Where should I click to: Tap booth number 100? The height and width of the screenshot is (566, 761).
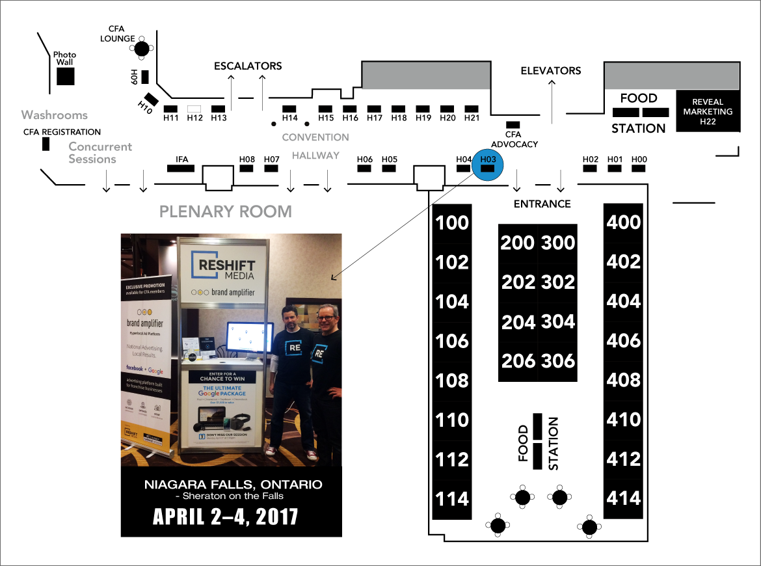click(x=452, y=222)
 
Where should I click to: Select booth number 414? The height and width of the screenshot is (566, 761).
click(x=624, y=499)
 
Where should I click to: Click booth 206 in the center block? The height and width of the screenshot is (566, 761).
click(x=518, y=361)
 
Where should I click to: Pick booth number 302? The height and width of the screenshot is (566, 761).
click(x=558, y=282)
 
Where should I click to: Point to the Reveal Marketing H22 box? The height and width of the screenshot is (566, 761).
click(x=708, y=111)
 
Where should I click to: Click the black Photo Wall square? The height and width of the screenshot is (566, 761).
click(x=64, y=76)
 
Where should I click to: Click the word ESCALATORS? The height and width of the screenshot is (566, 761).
click(x=248, y=66)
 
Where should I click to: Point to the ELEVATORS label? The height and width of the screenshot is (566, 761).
click(x=551, y=70)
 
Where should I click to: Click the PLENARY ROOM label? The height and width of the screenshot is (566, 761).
click(x=226, y=211)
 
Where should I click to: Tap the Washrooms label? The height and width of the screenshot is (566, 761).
click(x=54, y=115)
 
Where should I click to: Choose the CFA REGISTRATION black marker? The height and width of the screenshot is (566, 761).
click(x=46, y=144)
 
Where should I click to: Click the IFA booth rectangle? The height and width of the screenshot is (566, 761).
click(x=181, y=168)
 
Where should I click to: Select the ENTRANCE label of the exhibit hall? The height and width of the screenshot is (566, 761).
click(x=542, y=204)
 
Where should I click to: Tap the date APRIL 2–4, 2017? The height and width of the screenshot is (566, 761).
click(x=225, y=517)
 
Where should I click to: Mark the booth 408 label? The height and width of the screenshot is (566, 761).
click(x=624, y=380)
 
